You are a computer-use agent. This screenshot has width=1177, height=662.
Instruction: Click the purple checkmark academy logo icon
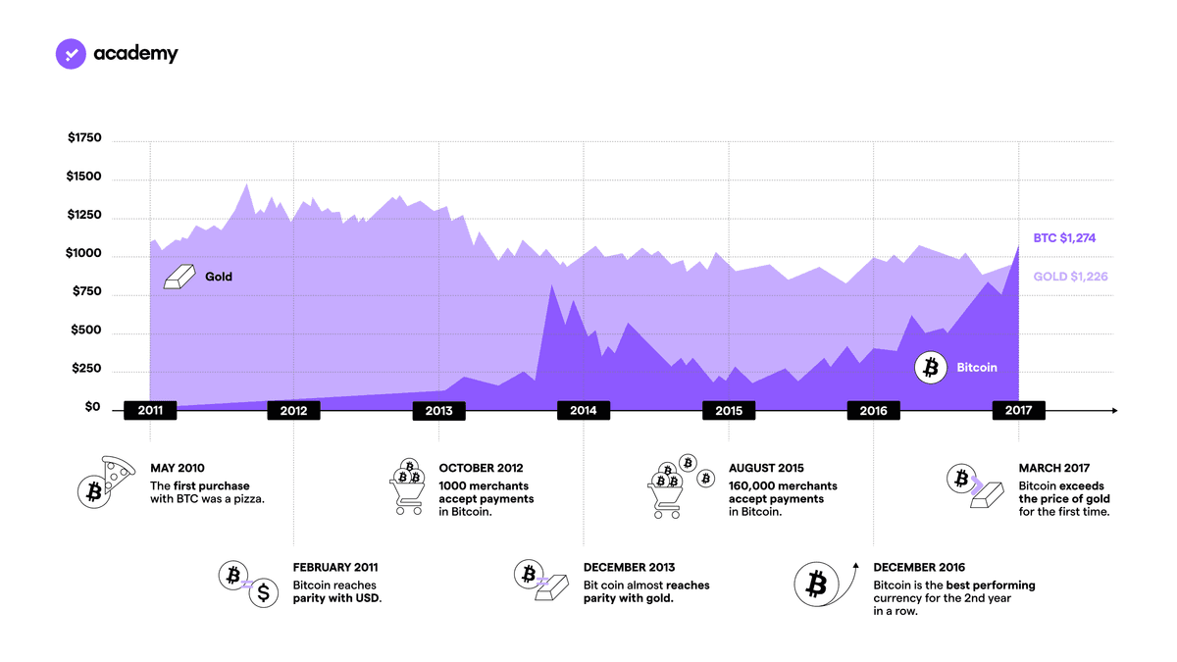click(x=71, y=54)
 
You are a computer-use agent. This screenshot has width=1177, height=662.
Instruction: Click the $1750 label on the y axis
click(x=84, y=137)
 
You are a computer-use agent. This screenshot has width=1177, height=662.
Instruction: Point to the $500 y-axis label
click(x=86, y=330)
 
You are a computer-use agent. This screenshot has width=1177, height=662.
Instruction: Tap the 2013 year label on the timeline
click(x=438, y=411)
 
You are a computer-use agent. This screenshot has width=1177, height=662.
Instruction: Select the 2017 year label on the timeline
click(x=1018, y=410)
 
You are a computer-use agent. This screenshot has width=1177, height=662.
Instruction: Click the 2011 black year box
click(x=150, y=410)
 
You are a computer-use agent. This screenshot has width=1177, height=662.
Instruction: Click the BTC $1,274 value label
click(x=1064, y=238)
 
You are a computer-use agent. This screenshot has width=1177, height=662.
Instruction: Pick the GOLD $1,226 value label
click(x=1070, y=277)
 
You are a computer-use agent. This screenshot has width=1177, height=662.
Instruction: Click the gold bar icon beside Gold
click(x=179, y=277)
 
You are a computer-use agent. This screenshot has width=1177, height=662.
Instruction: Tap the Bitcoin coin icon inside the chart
click(x=931, y=368)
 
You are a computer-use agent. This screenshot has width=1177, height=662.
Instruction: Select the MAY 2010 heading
click(x=178, y=468)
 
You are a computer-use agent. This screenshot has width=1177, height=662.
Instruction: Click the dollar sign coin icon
click(x=263, y=592)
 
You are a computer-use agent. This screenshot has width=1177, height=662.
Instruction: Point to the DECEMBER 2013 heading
click(x=629, y=568)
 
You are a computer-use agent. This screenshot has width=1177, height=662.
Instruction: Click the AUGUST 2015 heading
click(x=766, y=468)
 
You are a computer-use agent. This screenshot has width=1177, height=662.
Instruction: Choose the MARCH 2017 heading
click(x=1054, y=468)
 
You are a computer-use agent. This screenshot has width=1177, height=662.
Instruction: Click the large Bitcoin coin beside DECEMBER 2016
click(x=816, y=585)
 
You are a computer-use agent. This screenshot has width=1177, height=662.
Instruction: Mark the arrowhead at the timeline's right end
click(x=1114, y=410)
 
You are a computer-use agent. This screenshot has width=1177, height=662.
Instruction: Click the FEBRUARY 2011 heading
click(x=335, y=568)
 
